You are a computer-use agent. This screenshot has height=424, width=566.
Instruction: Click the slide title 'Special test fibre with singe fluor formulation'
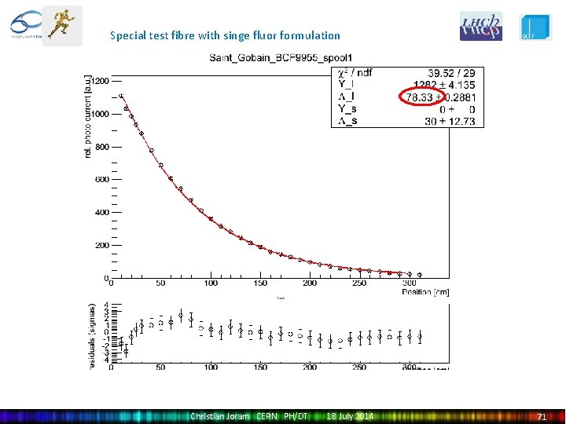tap(225, 35)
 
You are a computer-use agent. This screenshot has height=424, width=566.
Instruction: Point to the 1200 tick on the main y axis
tap(98, 81)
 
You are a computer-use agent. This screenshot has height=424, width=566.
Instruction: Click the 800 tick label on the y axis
tap(100, 147)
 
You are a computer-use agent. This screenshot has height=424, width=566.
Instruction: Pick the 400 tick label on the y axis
tap(100, 213)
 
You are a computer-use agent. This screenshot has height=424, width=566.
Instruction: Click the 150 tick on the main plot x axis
tap(260, 283)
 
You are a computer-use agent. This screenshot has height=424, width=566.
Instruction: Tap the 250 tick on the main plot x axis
tap(359, 283)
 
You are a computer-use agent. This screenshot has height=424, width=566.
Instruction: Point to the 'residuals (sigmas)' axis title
tap(93, 336)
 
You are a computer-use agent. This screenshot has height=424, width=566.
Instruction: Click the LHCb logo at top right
tap(480, 26)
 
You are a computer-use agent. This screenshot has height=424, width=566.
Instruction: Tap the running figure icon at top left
tap(61, 25)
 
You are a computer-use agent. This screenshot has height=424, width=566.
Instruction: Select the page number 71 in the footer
tap(542, 416)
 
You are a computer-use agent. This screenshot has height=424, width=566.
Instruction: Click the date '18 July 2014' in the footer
tap(350, 416)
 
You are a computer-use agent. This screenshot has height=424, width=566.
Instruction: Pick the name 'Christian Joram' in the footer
tap(220, 416)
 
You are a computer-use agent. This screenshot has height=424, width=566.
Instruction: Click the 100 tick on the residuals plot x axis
tap(211, 367)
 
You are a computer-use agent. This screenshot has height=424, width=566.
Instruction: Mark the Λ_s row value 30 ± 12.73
tap(451, 121)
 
